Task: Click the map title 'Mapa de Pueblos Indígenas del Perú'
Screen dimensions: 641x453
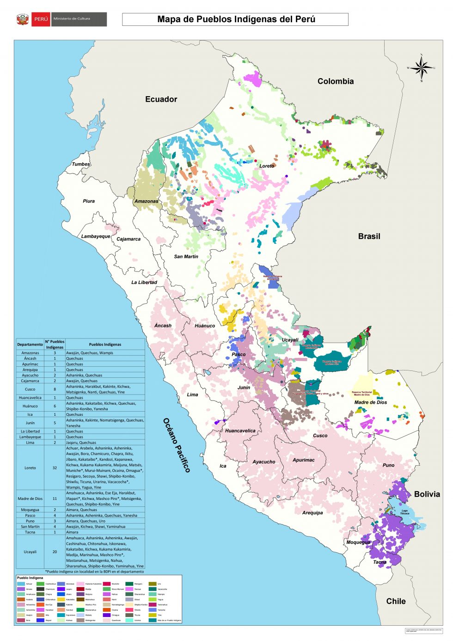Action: [x=236, y=19]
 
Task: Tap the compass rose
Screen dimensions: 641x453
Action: [x=422, y=68]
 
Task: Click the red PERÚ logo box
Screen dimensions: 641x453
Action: [x=41, y=19]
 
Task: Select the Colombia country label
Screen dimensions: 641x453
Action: [x=336, y=81]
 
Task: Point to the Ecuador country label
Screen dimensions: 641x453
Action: [x=161, y=99]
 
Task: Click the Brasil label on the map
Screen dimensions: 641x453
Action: [x=369, y=236]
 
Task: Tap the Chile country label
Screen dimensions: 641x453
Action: [x=396, y=601]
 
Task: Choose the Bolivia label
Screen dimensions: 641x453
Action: [x=427, y=494]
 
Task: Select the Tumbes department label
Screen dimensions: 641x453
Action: [x=81, y=164]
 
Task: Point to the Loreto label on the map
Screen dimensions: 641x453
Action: [x=267, y=166]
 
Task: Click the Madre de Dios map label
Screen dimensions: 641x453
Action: [x=370, y=402]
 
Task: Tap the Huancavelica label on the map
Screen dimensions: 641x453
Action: [x=240, y=431]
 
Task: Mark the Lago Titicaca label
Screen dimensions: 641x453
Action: [x=404, y=512]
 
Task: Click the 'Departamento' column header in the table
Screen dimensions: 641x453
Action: [x=30, y=345]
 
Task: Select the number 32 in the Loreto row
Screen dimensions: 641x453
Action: [x=55, y=468]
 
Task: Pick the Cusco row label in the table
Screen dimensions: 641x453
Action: [x=30, y=389]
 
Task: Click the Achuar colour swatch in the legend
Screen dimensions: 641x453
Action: [x=21, y=584]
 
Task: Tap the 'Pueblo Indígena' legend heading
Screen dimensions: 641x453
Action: [x=30, y=578]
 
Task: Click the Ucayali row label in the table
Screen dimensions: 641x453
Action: [x=30, y=552]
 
